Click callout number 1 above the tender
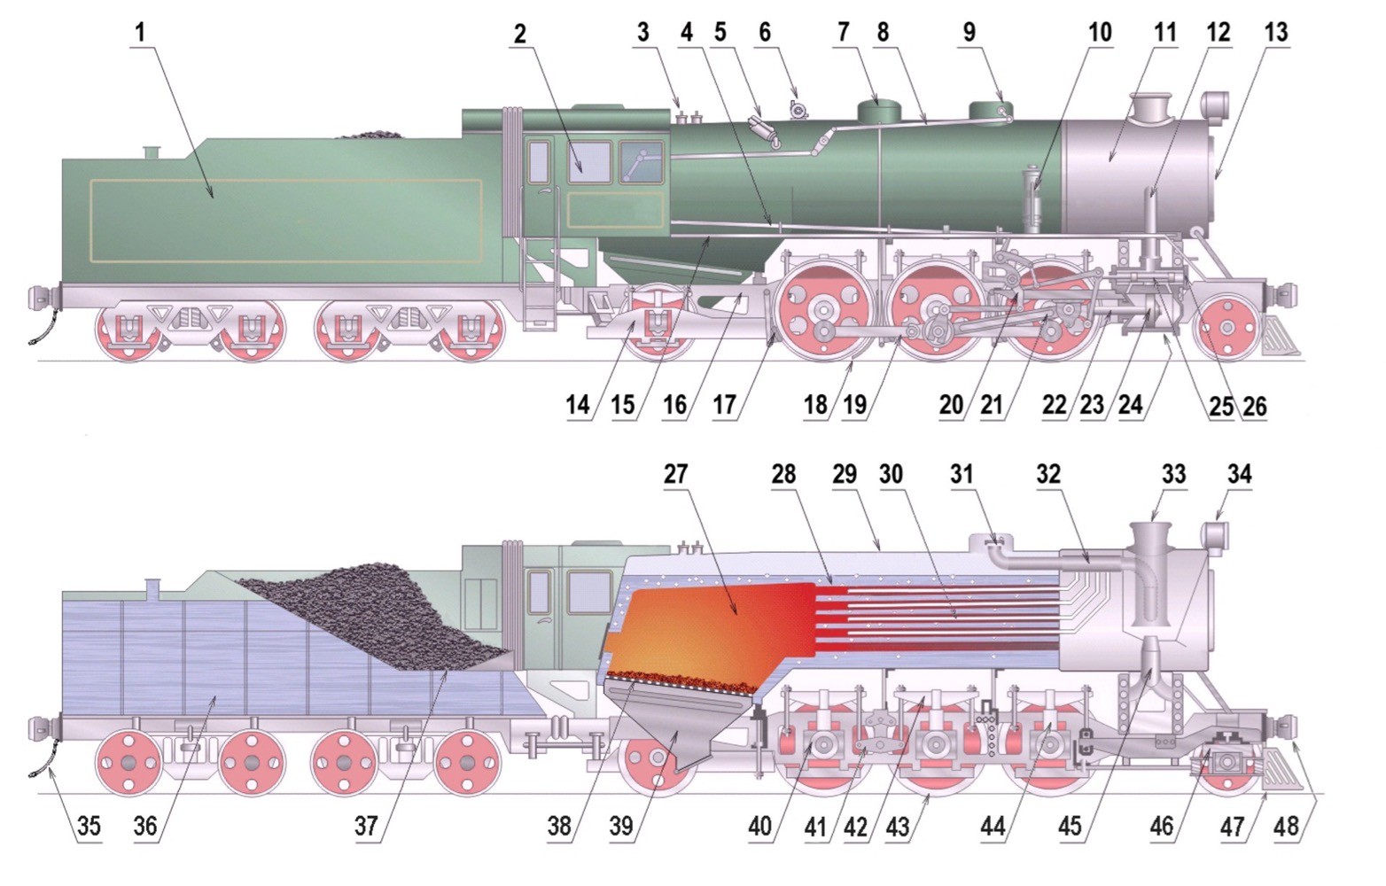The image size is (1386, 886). pyautogui.click(x=140, y=33)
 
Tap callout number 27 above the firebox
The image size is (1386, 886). pyautogui.click(x=675, y=475)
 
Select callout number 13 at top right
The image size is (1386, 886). pyautogui.click(x=1276, y=32)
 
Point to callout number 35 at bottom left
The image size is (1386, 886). pyautogui.click(x=89, y=826)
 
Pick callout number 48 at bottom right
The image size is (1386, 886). pyautogui.click(x=1287, y=826)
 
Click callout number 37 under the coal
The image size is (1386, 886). pyautogui.click(x=366, y=826)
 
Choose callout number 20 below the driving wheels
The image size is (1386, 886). pyautogui.click(x=951, y=405)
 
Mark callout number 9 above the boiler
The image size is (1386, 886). pyautogui.click(x=969, y=32)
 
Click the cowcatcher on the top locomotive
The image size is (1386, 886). pyautogui.click(x=1279, y=338)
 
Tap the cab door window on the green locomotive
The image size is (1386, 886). pyautogui.click(x=539, y=161)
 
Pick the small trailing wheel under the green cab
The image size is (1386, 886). pyautogui.click(x=658, y=322)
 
